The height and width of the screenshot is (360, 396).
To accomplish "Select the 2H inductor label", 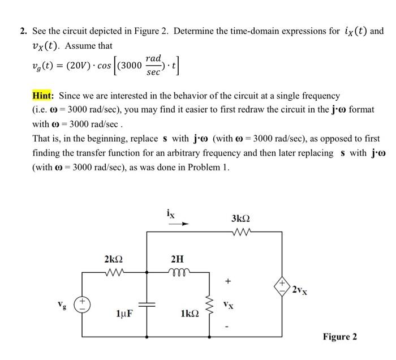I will click(177, 259).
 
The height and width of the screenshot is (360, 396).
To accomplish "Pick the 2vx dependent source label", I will click(300, 290).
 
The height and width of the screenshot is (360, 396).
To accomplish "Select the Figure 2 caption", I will click(339, 337).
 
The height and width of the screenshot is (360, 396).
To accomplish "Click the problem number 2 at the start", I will click(24, 31).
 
